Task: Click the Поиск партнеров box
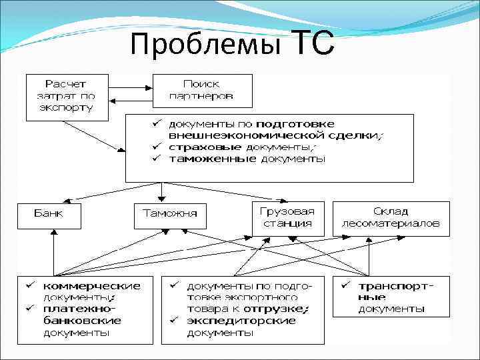click(203, 90)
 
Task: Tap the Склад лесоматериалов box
click(391, 217)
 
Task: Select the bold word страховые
click(196, 147)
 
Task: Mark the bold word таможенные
click(203, 159)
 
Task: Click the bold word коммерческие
click(93, 285)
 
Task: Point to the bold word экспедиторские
click(241, 321)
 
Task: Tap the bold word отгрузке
click(281, 309)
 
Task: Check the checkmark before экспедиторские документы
click(173, 321)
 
